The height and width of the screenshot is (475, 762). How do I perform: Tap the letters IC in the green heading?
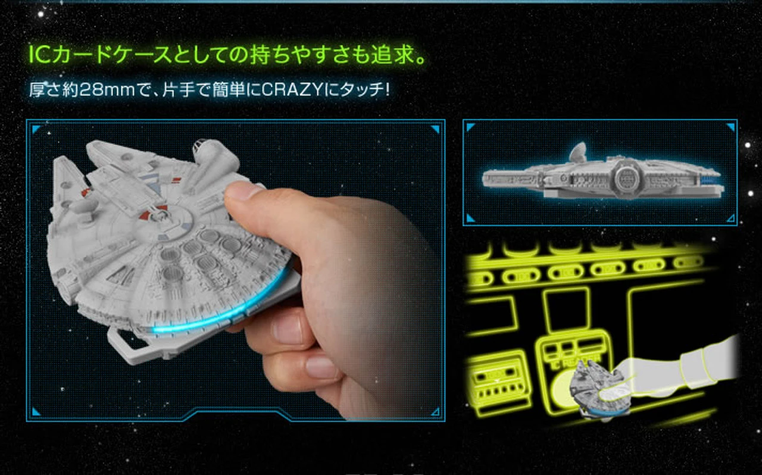[x=39, y=56]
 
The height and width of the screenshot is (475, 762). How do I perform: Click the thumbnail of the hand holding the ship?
[x=235, y=271]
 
